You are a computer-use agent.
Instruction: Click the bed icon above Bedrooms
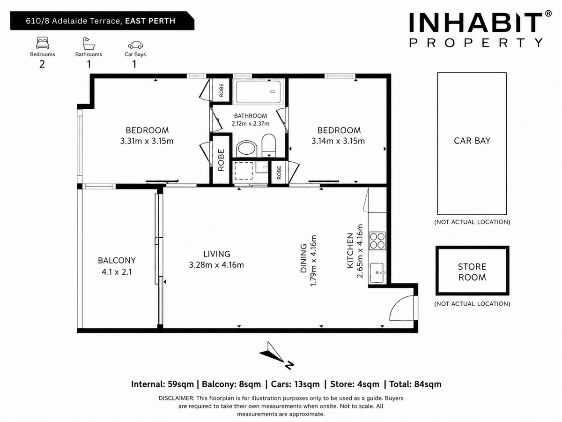pyautogui.click(x=42, y=43)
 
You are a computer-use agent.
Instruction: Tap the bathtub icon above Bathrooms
pyautogui.click(x=89, y=43)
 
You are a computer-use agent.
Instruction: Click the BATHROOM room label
pyautogui.click(x=251, y=115)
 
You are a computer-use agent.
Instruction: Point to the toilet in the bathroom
pyautogui.click(x=268, y=145)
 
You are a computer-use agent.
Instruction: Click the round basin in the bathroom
pyautogui.click(x=246, y=149)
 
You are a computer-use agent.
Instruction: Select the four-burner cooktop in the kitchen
pyautogui.click(x=377, y=241)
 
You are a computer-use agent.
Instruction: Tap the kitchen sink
pyautogui.click(x=377, y=273)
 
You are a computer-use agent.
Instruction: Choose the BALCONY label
pyautogui.click(x=117, y=260)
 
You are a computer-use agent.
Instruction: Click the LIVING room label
pyautogui.click(x=217, y=254)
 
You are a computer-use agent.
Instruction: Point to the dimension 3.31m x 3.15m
pyautogui.click(x=147, y=141)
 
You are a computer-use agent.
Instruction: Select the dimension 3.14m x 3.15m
pyautogui.click(x=338, y=141)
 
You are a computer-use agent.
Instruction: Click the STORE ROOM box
pyautogui.click(x=473, y=271)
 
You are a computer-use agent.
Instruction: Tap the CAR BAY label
pyautogui.click(x=472, y=141)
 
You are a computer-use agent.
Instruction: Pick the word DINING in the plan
pyautogui.click(x=303, y=258)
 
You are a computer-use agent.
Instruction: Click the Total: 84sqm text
pyautogui.click(x=415, y=384)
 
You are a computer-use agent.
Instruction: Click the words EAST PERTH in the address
pyautogui.click(x=150, y=21)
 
